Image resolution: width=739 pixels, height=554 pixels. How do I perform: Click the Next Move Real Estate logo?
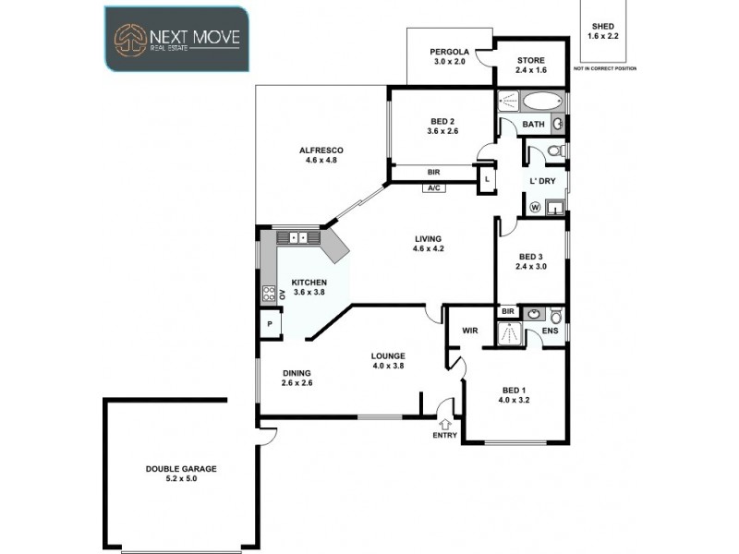click(x=176, y=39)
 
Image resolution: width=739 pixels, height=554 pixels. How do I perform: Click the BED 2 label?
click(x=442, y=126)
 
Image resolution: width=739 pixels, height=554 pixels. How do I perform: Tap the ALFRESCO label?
click(x=321, y=155)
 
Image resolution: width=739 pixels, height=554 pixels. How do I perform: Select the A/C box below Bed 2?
click(x=433, y=188)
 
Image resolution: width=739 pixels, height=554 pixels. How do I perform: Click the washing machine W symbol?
click(x=535, y=207)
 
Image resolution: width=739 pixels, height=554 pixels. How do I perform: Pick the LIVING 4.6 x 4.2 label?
click(x=430, y=244)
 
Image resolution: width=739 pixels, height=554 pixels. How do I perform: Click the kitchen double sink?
click(x=298, y=237)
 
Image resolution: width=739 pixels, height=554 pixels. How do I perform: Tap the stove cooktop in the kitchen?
click(x=269, y=294)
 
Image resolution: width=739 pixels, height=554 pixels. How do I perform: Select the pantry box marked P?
click(x=270, y=324)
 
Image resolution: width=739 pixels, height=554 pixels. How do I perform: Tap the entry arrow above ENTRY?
click(x=445, y=424)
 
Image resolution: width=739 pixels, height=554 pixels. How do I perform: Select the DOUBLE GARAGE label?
click(x=181, y=474)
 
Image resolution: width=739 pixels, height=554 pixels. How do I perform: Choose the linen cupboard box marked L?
click(x=486, y=180)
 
